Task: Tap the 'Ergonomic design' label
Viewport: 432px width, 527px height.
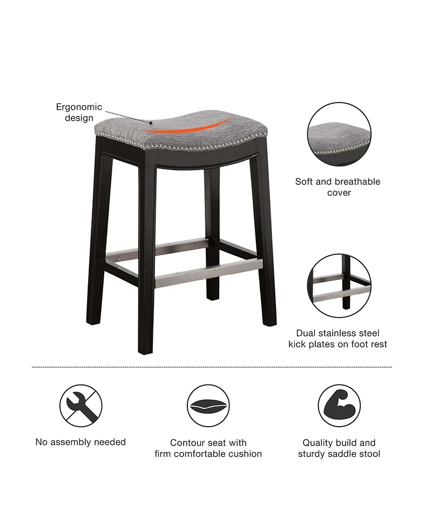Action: pyautogui.click(x=79, y=113)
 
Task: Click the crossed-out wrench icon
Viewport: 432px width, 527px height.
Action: pyautogui.click(x=81, y=406)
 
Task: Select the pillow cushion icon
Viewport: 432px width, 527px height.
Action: pyautogui.click(x=208, y=406)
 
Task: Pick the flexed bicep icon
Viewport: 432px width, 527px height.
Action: pyautogui.click(x=339, y=406)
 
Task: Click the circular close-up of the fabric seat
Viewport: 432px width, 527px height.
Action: pyautogui.click(x=339, y=135)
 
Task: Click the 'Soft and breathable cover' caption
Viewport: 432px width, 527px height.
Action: pyautogui.click(x=338, y=187)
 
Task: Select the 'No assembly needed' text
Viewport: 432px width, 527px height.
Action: pyautogui.click(x=80, y=442)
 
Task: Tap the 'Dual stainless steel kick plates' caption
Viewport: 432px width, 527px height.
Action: pyautogui.click(x=338, y=339)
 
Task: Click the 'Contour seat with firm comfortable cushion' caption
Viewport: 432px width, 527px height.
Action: pyautogui.click(x=208, y=448)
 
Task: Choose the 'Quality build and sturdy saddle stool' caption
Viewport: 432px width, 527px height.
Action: pyautogui.click(x=339, y=448)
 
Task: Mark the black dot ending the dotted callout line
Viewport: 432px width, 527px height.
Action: pyautogui.click(x=151, y=122)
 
